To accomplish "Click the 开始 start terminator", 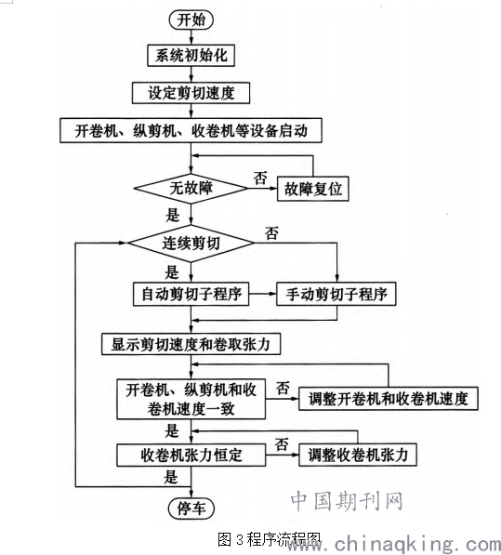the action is pos(191,20).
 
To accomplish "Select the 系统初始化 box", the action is pos(191,55).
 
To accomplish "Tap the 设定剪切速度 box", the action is pos(191,93).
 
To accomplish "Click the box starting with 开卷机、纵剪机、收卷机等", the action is pos(191,130).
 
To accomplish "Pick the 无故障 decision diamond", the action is pos(191,188).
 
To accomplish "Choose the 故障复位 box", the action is pos(312,189).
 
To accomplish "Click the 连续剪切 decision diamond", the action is pos(191,244).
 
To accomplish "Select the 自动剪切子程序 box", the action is pos(191,294).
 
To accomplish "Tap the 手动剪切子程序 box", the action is pos(336,294).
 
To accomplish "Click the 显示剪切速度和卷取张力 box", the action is pos(191,344).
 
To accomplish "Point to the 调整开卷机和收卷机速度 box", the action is pos(389,399).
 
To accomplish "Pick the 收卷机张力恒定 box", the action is pos(191,456).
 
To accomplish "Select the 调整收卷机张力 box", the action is pos(357,455).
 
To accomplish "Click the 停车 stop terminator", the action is pos(191,509).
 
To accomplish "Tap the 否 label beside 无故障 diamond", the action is pos(260,178).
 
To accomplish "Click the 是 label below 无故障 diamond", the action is pos(172,215).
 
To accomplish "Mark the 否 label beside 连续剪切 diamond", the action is pos(271,233).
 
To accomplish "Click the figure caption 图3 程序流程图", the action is pos(269,540).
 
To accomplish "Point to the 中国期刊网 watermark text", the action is pos(347,501).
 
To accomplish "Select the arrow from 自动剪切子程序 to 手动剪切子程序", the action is pos(262,294).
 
